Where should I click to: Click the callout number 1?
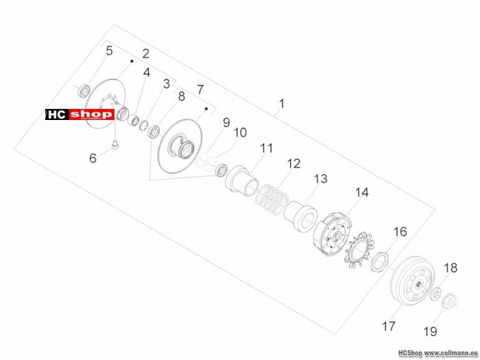282,104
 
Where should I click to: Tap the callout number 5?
109,51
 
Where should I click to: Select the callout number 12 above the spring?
293,164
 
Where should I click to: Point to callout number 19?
430,331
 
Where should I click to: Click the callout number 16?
400,232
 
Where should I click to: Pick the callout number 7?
200,90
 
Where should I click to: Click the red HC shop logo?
80,115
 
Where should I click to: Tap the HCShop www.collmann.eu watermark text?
438,353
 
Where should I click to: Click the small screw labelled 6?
115,145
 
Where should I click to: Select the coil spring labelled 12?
272,200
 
